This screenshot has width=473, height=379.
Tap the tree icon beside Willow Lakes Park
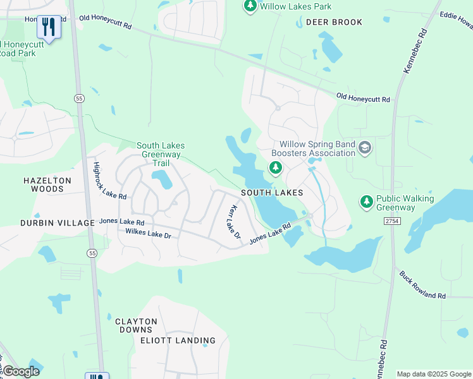point(250,6)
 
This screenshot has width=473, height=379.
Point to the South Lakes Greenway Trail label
point(159,154)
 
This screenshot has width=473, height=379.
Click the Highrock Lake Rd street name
point(110,181)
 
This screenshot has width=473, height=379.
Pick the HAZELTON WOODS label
point(47,184)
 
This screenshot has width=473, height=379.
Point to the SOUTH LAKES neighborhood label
point(271,193)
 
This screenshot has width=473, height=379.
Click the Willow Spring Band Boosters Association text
point(314,148)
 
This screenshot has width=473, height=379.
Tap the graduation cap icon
point(364,148)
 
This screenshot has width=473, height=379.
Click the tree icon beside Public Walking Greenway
point(366,202)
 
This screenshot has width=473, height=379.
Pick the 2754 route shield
point(391,220)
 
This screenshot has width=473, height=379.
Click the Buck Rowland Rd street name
point(422,286)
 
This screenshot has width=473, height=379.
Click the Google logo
point(21,371)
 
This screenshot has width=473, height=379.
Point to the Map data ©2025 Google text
point(434,374)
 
